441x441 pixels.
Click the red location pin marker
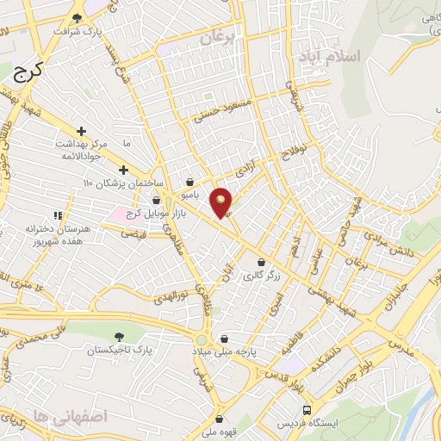[x=222, y=202]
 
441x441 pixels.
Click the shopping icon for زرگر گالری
[x=260, y=262]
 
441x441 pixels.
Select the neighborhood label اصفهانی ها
[x=52, y=414]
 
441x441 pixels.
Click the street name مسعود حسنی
[x=225, y=112]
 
